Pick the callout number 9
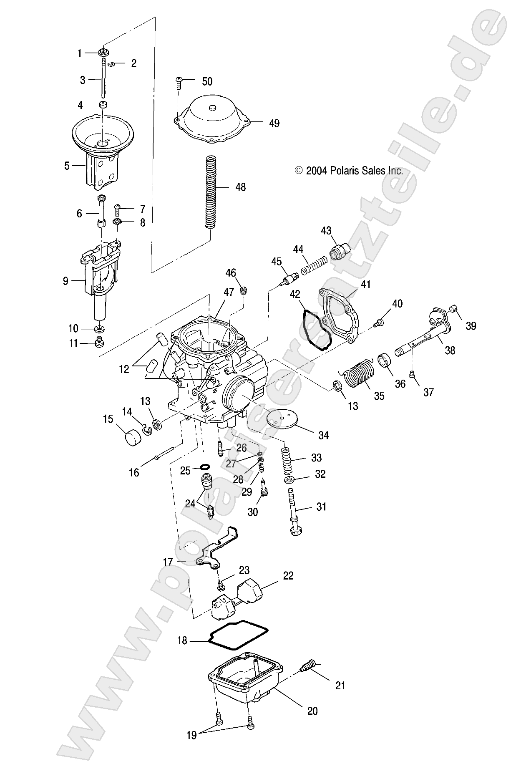(x=65, y=281)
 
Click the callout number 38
(x=450, y=350)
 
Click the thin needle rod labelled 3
(x=103, y=79)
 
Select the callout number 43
(x=326, y=231)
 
